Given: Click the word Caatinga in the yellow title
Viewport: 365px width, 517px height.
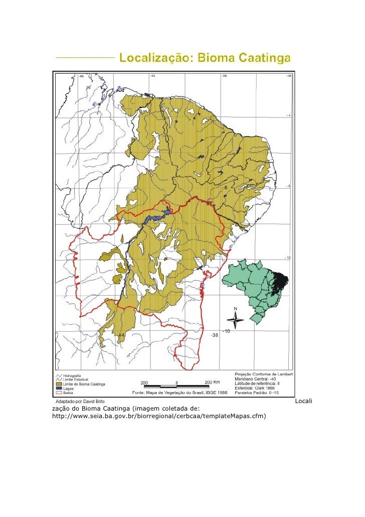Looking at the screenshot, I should click(x=264, y=59).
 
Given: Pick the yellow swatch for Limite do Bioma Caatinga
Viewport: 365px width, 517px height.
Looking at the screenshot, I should click(x=58, y=384).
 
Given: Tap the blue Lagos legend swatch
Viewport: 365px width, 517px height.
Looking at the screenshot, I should click(x=58, y=389).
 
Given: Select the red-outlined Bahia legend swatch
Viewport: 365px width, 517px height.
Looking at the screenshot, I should click(x=58, y=393).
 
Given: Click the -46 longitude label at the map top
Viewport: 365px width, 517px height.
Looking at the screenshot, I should click(x=81, y=76).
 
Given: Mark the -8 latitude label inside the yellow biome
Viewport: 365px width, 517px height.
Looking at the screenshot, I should click(x=225, y=188).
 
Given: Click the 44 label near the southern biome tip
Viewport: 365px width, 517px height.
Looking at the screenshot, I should click(x=121, y=334).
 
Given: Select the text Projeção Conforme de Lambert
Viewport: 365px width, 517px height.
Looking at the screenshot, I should click(x=264, y=374).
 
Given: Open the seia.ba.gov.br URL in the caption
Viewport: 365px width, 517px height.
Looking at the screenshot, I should click(x=158, y=416).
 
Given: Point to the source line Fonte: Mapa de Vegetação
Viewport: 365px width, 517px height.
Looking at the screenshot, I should click(x=179, y=392).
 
